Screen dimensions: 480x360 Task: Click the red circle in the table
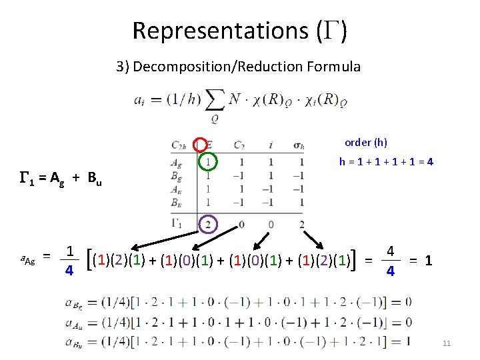click(200, 145)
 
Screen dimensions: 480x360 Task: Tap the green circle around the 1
click(209, 162)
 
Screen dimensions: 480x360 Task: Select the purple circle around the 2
click(209, 224)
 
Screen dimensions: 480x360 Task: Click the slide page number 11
click(447, 343)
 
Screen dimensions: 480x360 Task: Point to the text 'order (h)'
click(365, 142)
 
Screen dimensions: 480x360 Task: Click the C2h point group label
click(179, 145)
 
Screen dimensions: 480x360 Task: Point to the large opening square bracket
click(90, 260)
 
